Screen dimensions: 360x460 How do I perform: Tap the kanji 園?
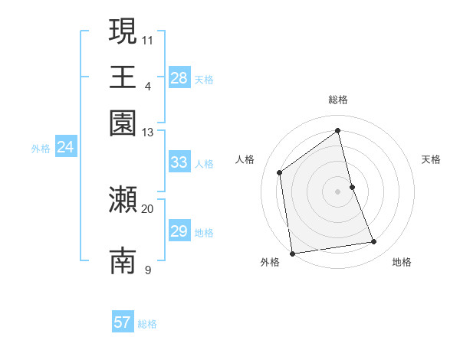point(123,123)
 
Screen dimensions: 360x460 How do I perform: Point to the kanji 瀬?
point(123,201)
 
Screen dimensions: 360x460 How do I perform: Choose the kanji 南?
point(123,261)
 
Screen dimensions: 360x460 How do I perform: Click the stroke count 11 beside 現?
point(148,39)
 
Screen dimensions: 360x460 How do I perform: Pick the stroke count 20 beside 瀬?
point(148,208)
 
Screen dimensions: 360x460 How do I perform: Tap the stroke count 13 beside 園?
point(148,133)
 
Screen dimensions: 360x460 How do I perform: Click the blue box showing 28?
point(179,78)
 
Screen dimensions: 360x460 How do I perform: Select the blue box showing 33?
point(179,162)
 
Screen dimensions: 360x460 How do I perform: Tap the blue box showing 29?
point(179,231)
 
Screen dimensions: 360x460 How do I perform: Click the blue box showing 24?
point(65,147)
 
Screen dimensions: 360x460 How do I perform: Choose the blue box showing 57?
point(123,322)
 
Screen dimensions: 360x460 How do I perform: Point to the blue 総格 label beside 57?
point(148,324)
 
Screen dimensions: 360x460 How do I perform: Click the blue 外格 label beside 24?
point(41,149)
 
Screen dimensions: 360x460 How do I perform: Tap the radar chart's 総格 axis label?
point(338,100)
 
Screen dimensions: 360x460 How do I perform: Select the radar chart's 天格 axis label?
point(432,159)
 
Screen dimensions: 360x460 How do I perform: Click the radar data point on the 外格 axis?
point(292,253)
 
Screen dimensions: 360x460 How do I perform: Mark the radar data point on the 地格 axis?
point(374,242)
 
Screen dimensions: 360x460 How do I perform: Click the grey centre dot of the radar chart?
point(338,191)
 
